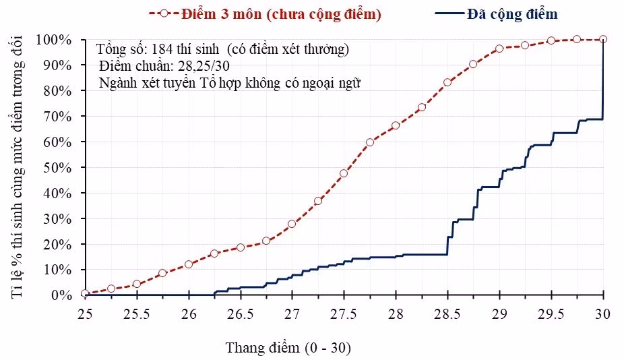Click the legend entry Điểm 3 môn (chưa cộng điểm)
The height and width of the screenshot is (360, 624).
click(265, 14)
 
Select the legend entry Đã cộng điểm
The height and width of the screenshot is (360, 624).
click(496, 14)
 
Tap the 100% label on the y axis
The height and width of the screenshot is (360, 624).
click(54, 40)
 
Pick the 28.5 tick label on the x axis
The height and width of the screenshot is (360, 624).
click(447, 314)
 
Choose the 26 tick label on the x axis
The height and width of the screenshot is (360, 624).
click(189, 314)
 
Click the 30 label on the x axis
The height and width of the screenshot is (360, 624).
click(603, 314)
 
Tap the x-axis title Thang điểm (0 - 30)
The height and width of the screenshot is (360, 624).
click(288, 348)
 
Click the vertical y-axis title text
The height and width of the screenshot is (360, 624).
click(17, 168)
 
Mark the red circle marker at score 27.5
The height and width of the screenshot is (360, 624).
click(344, 173)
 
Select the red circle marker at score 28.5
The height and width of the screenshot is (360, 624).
click(447, 82)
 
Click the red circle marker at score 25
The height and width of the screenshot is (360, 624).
click(85, 293)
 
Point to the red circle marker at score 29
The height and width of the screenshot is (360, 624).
click(499, 49)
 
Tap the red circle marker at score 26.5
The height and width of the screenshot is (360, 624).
click(241, 247)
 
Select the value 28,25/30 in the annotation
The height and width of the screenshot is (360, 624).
click(204, 65)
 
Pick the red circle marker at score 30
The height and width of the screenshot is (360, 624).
click(603, 39)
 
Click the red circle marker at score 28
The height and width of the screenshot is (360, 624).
click(396, 125)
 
